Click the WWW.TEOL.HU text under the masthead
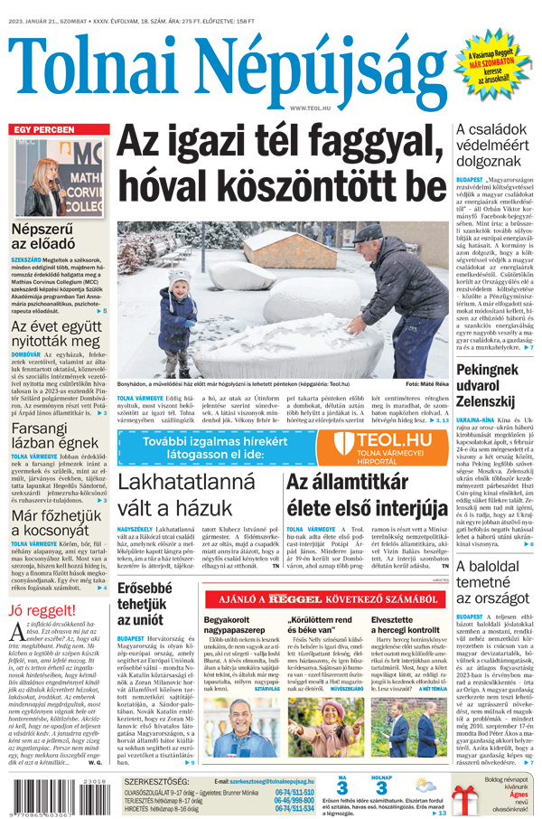point(309,108)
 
